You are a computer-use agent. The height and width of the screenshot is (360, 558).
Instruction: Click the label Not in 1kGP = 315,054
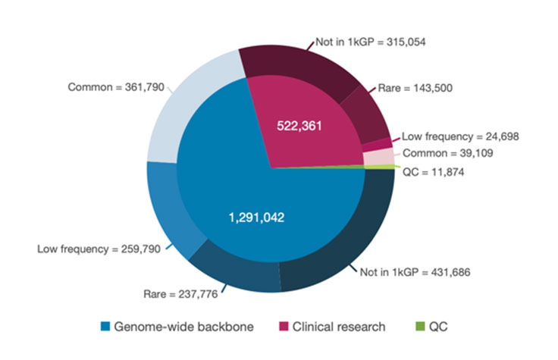pos(371,41)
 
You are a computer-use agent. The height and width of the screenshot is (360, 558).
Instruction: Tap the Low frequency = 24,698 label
pos(459,136)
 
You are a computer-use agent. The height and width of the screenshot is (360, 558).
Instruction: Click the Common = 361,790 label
pos(114,87)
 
